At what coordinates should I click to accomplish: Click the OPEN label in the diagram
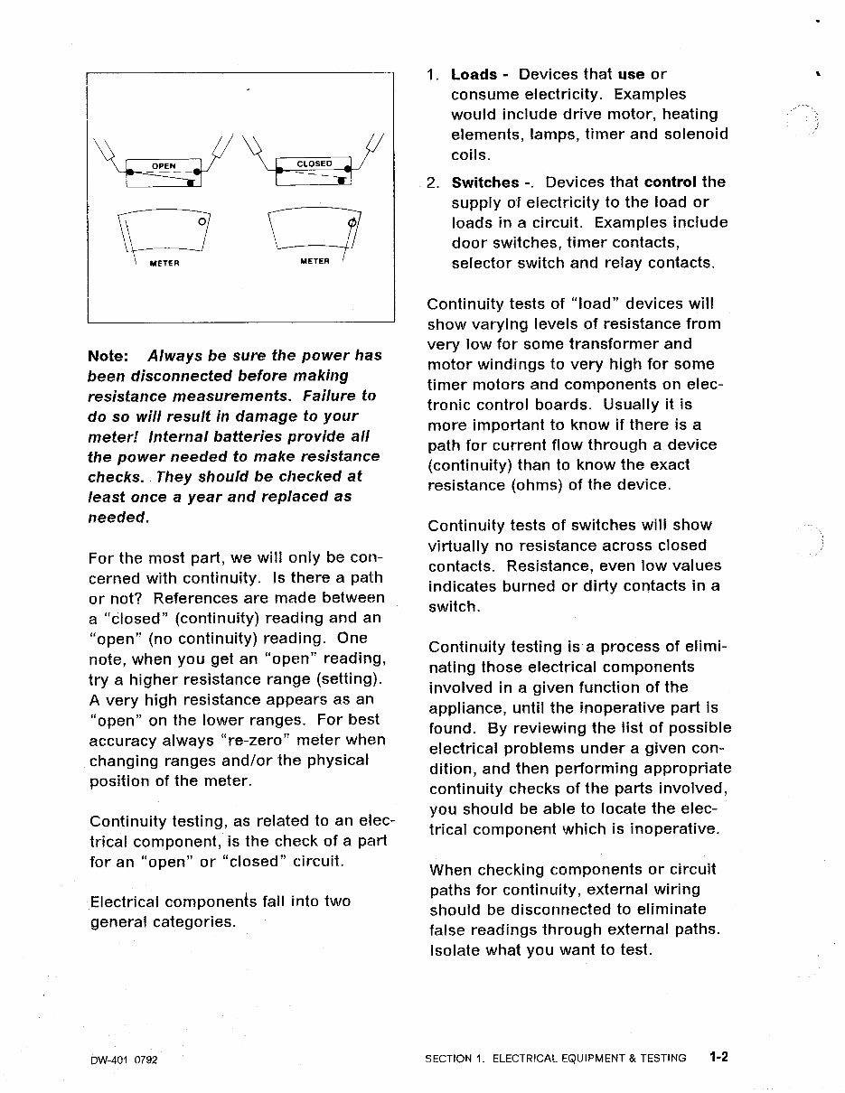[163, 166]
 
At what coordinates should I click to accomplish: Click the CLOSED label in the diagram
[315, 163]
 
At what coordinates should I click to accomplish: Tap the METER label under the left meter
[164, 263]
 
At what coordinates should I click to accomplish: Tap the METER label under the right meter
[315, 262]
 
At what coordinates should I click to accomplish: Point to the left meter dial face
[164, 232]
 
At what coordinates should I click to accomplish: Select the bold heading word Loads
[474, 75]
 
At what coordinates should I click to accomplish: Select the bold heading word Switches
[484, 182]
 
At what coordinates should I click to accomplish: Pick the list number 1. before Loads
[433, 75]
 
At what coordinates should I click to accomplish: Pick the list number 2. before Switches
[433, 182]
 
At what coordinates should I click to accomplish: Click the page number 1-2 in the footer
[718, 1057]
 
